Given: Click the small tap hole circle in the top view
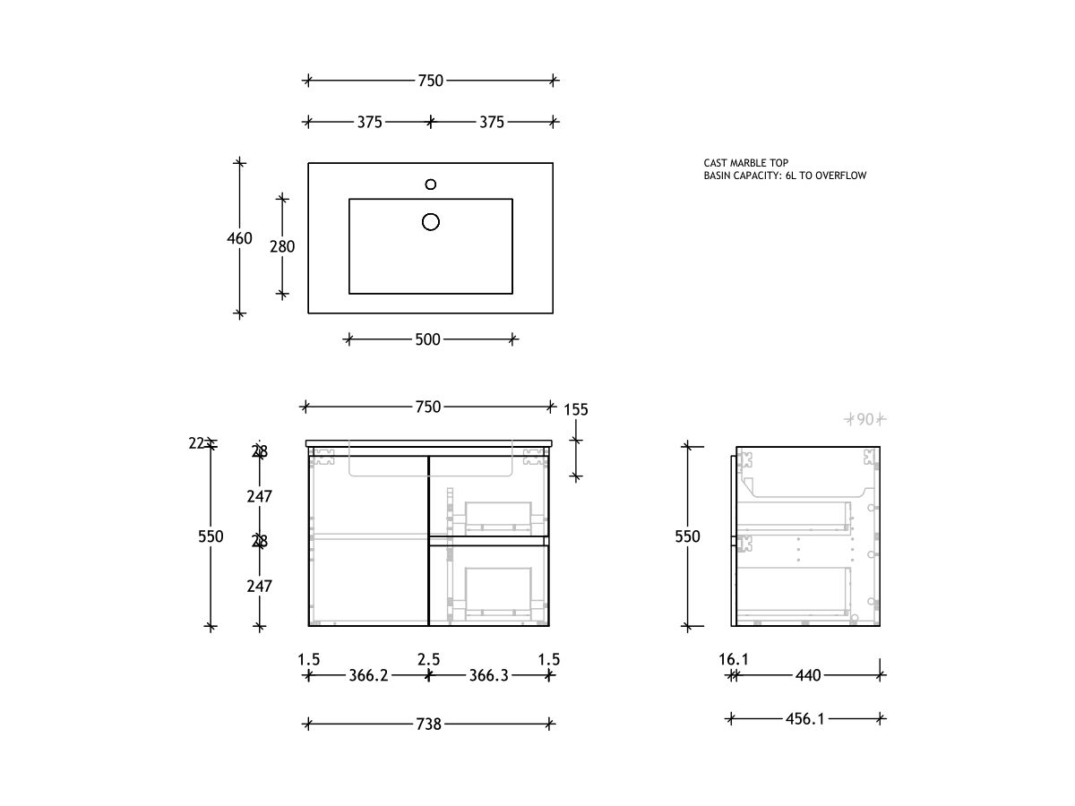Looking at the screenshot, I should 431,184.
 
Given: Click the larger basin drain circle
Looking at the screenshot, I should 431,221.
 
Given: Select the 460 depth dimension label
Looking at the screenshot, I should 239,239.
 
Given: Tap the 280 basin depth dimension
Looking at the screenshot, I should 282,246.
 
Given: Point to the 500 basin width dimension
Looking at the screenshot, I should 428,339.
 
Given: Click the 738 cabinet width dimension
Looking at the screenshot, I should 429,724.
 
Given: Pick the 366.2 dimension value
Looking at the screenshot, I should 368,676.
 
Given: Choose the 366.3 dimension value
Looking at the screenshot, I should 488,676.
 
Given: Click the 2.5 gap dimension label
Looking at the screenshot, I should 428,659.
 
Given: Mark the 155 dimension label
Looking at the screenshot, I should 576,409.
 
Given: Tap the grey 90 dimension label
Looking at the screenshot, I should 865,418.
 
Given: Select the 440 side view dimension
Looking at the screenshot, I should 808,676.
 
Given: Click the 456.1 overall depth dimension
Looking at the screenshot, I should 804,718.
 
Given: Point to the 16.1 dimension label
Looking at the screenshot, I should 733,659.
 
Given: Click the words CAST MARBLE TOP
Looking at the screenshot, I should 746,163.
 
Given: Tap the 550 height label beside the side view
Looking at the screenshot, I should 687,536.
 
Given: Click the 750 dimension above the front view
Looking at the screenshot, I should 428,407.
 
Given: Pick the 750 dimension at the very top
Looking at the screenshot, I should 430,81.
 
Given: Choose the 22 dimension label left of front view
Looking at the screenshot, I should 198,442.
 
